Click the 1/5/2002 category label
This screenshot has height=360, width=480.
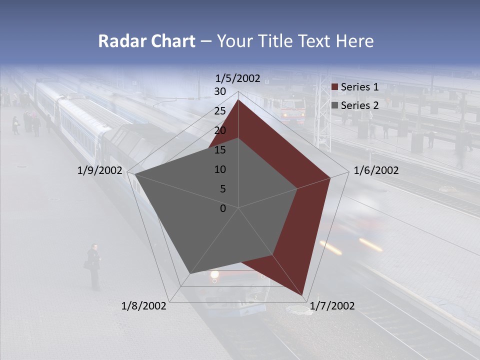238,78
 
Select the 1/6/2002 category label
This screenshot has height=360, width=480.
376,170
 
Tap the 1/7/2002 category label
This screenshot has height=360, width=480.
332,306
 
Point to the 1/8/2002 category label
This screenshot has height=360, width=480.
144,306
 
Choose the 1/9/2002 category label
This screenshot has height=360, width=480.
99,170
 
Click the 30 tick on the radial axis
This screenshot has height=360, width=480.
220,91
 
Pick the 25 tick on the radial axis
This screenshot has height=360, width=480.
220,111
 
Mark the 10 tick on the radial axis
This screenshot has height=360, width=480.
220,169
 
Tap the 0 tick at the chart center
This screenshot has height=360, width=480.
223,208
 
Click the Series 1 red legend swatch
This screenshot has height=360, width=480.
334,87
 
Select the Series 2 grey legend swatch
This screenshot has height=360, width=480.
334,105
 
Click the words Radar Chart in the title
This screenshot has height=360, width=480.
146,41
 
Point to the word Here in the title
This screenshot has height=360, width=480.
354,41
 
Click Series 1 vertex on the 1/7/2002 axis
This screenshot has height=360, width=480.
302,294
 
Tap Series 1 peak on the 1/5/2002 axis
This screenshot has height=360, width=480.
238,99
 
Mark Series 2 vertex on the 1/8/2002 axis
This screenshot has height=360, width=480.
189,273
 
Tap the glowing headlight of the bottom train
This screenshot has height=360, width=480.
215,274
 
